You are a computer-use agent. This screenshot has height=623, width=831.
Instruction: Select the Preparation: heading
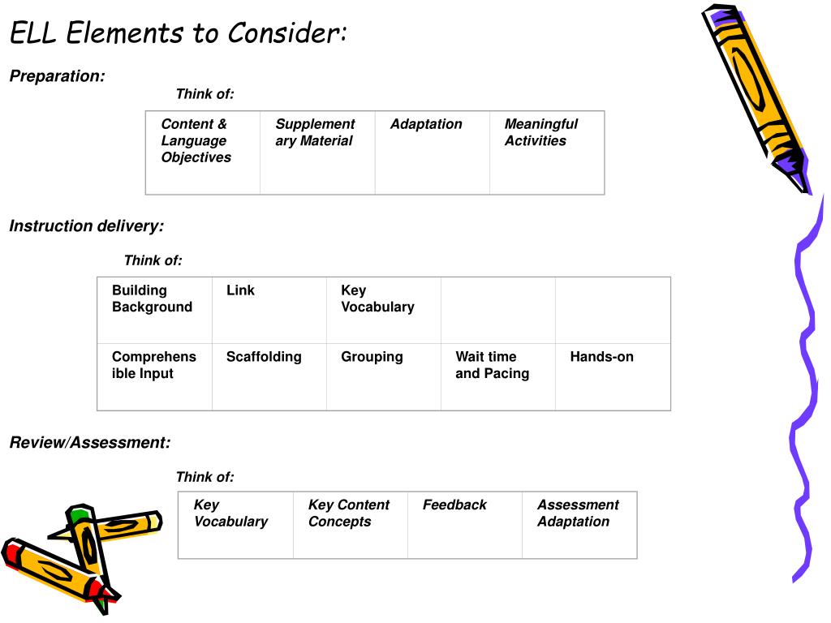[x=57, y=76]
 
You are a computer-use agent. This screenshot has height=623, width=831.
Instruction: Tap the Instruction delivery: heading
[x=86, y=226]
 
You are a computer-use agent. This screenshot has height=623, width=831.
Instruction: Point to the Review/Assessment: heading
[x=90, y=443]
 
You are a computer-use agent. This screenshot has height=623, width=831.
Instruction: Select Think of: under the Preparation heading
[x=205, y=94]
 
